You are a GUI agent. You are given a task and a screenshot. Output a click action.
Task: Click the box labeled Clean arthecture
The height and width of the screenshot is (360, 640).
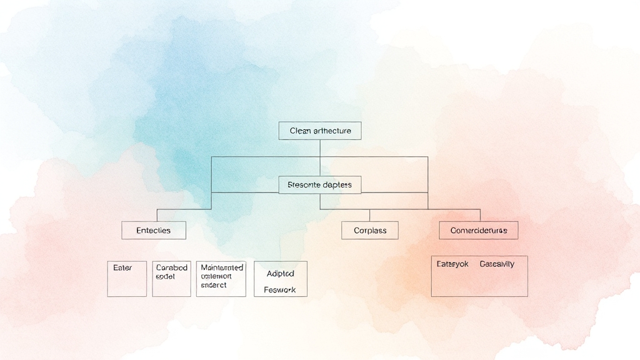point(319,131)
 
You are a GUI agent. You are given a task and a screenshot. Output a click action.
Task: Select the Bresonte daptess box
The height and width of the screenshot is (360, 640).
point(319,185)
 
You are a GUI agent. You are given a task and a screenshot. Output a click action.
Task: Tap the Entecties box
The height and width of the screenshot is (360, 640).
point(154,230)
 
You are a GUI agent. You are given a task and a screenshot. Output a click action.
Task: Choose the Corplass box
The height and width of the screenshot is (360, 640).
point(370,230)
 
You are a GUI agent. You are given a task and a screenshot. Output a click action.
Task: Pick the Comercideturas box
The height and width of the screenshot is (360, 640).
point(478,230)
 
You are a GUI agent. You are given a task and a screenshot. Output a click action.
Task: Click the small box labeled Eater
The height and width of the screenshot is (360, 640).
point(127,279)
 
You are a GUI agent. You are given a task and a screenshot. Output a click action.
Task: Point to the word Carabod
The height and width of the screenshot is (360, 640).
point(171,267)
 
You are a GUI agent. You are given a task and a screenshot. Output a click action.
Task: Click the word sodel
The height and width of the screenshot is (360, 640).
point(165,276)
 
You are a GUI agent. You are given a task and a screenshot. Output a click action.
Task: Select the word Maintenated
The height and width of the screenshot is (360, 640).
point(222,267)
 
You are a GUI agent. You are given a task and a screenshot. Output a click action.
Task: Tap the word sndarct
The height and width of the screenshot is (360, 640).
point(214,285)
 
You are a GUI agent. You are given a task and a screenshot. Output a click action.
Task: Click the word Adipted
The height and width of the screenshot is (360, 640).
point(280,273)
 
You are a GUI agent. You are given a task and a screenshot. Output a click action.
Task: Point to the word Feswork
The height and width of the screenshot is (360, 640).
point(279,290)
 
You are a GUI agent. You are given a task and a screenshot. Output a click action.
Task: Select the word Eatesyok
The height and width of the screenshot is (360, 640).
point(452,264)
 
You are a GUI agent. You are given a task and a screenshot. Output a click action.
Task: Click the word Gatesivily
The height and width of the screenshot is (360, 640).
point(497,264)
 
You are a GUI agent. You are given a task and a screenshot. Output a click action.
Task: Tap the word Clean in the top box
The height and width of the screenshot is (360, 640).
point(301,131)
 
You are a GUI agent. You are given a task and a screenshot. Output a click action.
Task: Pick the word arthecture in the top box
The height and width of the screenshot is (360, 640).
point(332,131)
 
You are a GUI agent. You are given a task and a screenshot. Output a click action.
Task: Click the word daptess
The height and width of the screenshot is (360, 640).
point(336,185)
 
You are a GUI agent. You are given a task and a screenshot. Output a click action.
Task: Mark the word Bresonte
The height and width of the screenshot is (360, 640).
point(303,185)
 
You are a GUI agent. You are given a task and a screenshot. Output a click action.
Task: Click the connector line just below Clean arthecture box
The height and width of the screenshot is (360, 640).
point(320,148)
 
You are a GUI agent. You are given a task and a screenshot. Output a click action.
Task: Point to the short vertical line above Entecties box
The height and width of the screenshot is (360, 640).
point(157,215)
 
